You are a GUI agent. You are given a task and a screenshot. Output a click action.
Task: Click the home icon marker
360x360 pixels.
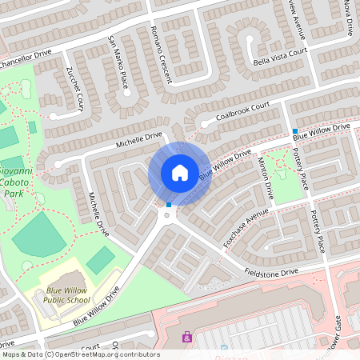(x=180, y=173)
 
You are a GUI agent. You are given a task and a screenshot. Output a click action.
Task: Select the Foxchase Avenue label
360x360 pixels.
(x=246, y=228)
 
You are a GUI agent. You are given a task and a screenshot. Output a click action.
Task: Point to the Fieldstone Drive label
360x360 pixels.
(x=271, y=273)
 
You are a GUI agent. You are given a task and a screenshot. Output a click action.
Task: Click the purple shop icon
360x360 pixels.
(x=187, y=338)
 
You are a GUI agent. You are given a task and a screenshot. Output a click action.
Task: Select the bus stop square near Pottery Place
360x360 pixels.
(x=295, y=131)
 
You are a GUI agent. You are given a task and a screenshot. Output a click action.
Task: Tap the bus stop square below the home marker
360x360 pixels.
(x=169, y=205)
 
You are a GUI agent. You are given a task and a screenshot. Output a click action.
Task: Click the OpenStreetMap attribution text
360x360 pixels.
(x=80, y=354)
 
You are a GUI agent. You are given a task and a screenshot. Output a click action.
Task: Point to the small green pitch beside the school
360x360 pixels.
(x=100, y=260)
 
